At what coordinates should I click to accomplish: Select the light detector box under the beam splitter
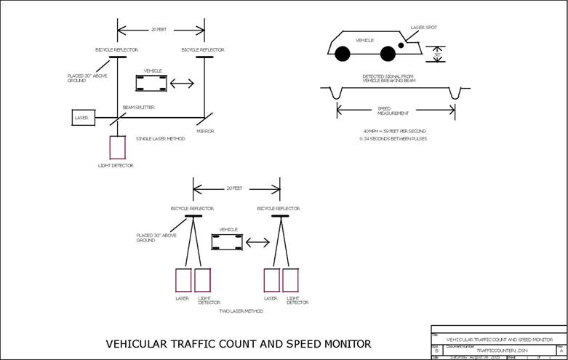coord(117,148)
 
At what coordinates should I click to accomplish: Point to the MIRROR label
coord(205,131)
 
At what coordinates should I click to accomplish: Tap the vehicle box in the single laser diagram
coord(151,83)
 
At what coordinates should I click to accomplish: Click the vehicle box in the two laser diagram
coord(227,241)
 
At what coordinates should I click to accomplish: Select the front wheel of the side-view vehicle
coord(388,53)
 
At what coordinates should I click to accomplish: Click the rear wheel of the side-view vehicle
coord(342,53)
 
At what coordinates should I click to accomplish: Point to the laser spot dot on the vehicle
coord(401,45)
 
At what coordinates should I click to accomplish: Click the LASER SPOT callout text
coord(424,28)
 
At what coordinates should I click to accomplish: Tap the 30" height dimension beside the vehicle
coord(437,55)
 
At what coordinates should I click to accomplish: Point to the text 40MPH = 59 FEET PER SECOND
coord(395,130)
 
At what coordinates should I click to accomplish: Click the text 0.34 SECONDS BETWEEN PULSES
coord(395,137)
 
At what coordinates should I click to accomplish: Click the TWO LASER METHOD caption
coord(241,311)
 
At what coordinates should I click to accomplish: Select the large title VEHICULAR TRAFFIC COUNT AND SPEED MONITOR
coord(239,344)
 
